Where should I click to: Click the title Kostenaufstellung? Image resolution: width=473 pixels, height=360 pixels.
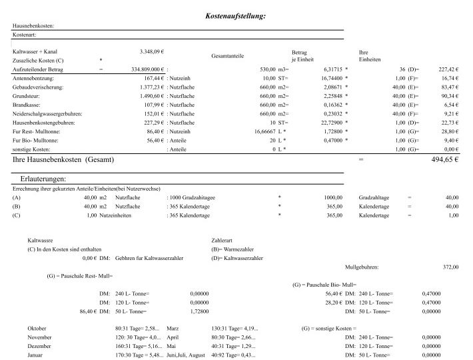pos(236,15)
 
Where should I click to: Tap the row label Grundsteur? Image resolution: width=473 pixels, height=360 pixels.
pos(31,96)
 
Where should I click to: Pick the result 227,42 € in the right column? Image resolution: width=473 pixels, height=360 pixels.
pos(448,69)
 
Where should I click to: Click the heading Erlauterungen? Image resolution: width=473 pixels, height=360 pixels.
pos(43,179)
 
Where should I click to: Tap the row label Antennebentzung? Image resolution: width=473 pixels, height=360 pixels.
pos(37,78)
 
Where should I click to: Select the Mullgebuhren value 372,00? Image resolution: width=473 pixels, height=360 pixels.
pos(450,267)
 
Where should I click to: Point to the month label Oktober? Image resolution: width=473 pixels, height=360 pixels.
pos(37,329)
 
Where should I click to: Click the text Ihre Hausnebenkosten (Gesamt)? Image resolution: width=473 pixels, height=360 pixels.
pos(63,161)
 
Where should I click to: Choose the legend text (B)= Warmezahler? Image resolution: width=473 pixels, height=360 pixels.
pos(233,248)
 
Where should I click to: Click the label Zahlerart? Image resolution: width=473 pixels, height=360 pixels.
pos(223,239)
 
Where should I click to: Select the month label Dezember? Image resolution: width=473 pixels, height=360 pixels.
pos(39,347)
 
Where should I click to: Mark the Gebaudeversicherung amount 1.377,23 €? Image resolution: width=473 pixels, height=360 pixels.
pos(152,87)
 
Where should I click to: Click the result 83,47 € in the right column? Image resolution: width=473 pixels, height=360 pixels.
pos(449,87)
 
